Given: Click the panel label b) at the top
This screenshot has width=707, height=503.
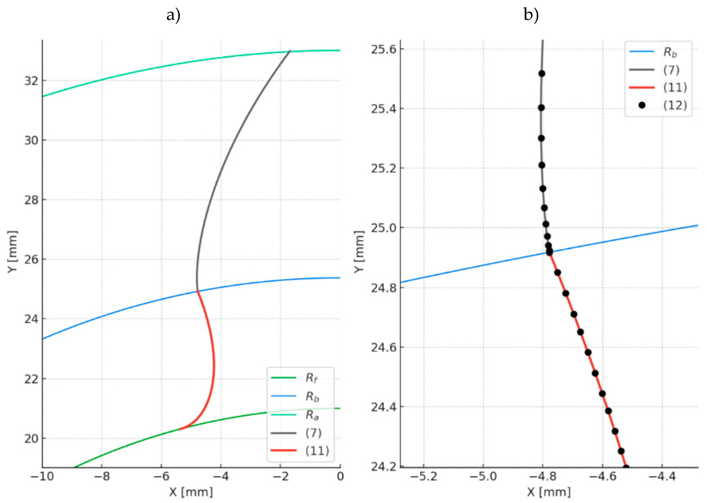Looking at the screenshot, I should [x=531, y=14].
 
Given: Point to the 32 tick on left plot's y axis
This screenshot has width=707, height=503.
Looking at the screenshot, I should [x=31, y=81].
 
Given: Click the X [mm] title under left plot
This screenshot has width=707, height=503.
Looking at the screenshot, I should [x=191, y=492].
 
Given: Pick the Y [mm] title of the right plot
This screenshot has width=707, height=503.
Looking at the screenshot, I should [x=359, y=251].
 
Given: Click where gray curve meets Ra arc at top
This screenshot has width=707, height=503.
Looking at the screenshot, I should [x=290, y=51].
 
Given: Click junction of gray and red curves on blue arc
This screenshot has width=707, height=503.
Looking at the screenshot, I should [x=197, y=291].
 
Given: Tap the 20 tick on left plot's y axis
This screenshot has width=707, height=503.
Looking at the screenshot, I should [x=31, y=439].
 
